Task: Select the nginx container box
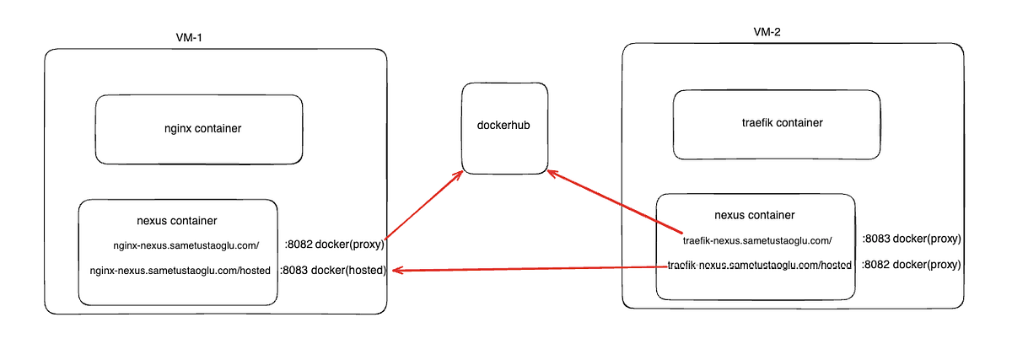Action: (x=199, y=129)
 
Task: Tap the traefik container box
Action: (x=776, y=124)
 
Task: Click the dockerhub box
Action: (x=503, y=127)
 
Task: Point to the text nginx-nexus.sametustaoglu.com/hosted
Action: (x=179, y=271)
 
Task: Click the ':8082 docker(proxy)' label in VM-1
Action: (x=335, y=245)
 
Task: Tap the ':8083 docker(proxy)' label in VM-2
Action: (x=912, y=239)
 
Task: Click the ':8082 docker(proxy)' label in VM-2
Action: (x=912, y=265)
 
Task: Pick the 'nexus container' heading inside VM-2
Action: (x=754, y=216)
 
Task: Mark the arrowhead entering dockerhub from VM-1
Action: (x=459, y=175)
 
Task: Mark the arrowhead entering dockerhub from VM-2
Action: (x=551, y=174)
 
